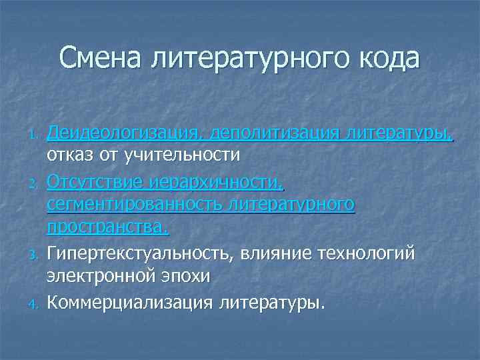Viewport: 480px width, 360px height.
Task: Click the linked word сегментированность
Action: tap(134, 205)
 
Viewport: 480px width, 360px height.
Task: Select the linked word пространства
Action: tap(107, 229)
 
